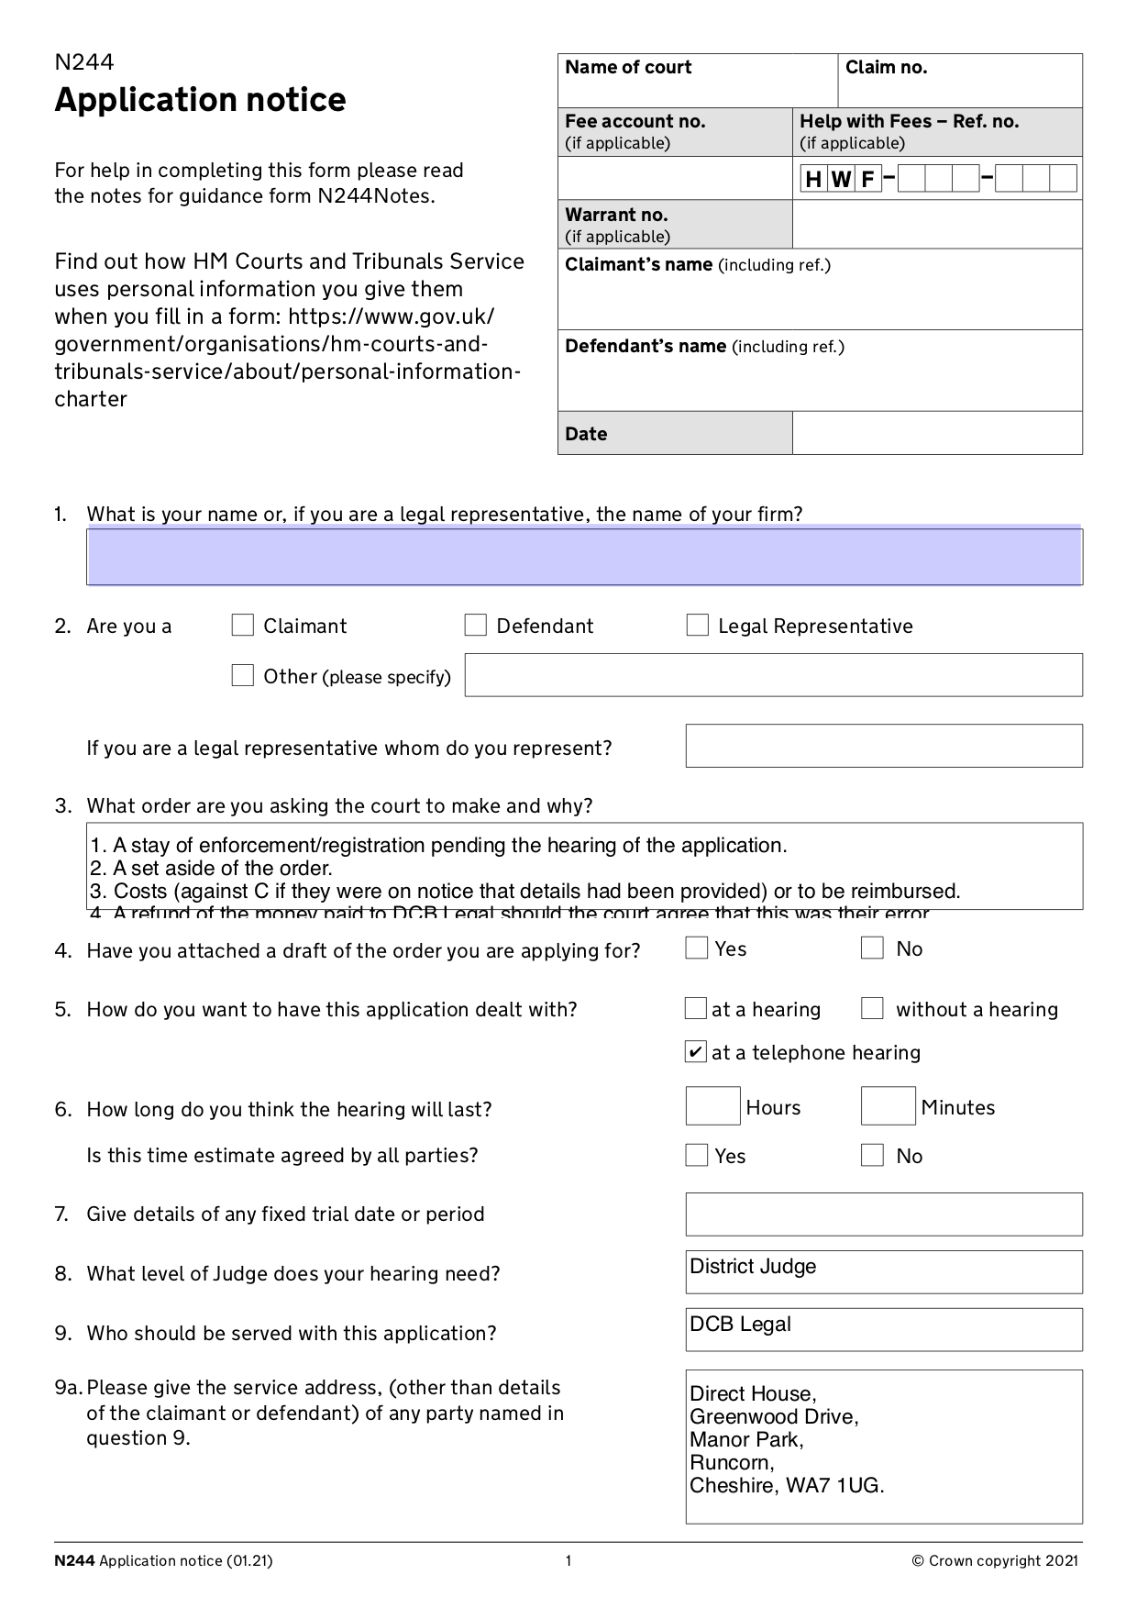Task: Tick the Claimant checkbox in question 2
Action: point(242,626)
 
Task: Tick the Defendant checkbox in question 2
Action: point(475,626)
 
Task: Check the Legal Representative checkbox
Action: point(697,626)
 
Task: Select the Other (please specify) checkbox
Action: point(242,676)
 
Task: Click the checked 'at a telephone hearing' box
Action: point(696,1051)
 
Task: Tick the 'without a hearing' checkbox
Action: point(872,1009)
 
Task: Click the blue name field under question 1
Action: point(584,557)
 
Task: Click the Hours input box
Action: point(712,1106)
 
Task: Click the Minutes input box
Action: point(888,1106)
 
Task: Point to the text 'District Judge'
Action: point(753,1267)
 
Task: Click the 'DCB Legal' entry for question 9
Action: point(740,1325)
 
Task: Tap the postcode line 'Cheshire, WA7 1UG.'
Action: point(787,1486)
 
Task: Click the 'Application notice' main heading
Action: point(200,100)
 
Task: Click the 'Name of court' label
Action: point(628,68)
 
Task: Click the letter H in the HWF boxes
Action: point(812,179)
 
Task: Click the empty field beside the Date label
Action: point(936,433)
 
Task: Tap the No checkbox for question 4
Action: point(872,948)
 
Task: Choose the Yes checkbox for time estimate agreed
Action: point(697,1155)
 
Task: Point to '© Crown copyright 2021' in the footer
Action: point(995,1561)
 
